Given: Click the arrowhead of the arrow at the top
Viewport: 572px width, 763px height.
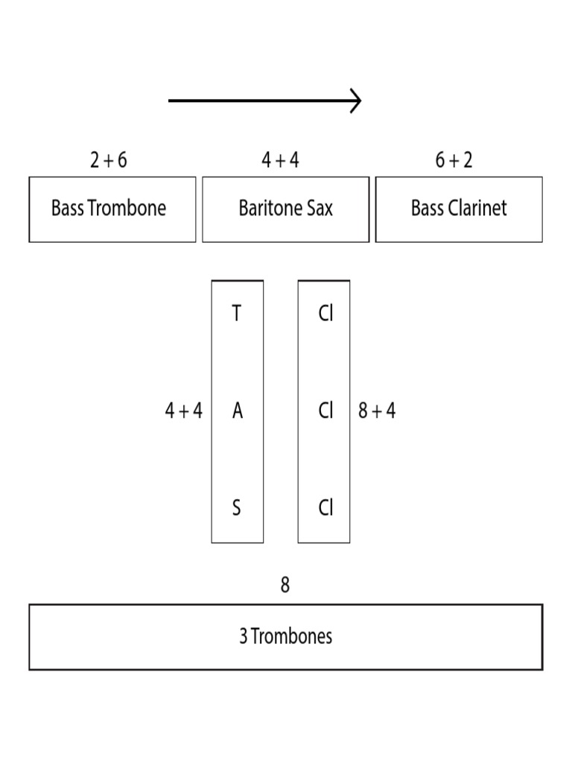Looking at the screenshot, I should click(357, 101).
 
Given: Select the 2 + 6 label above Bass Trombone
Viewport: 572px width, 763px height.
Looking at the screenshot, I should click(109, 160).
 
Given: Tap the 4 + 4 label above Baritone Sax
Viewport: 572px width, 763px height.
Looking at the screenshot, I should click(281, 160).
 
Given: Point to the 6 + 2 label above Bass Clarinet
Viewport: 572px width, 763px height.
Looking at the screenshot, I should click(454, 160).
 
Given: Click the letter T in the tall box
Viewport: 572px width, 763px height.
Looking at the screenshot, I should click(237, 314).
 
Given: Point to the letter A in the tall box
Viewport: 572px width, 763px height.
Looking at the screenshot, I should click(237, 411).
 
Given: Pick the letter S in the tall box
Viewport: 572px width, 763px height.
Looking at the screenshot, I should click(237, 508).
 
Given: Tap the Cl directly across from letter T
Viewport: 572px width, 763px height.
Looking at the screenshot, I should click(325, 314).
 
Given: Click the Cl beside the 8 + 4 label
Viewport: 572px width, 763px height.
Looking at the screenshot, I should click(325, 411).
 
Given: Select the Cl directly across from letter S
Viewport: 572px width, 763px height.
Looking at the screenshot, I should click(325, 508).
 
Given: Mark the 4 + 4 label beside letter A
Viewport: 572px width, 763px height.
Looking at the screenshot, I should click(183, 411).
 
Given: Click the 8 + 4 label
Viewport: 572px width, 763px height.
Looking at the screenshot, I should click(377, 411).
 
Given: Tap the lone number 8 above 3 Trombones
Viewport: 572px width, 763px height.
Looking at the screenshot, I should click(285, 586).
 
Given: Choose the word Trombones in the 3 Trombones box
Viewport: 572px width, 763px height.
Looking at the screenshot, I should click(292, 637).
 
